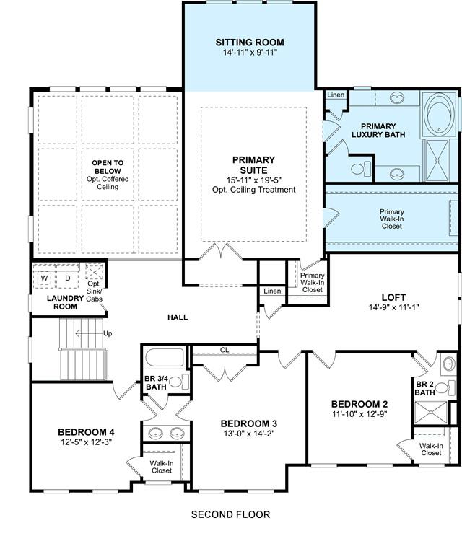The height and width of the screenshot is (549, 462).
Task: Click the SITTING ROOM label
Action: (x=250, y=43)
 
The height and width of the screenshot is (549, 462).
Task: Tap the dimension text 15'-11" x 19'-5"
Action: (x=254, y=180)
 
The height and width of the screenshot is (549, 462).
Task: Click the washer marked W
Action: (x=44, y=278)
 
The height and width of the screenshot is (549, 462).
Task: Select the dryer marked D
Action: (x=68, y=278)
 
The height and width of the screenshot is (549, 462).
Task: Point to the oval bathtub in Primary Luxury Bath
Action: (x=439, y=114)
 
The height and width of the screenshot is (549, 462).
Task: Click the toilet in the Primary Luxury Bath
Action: (x=361, y=169)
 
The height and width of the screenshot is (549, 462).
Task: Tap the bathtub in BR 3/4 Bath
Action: (x=165, y=358)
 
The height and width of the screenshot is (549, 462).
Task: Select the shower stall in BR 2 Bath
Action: (x=431, y=413)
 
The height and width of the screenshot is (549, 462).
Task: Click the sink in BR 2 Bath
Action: (x=449, y=364)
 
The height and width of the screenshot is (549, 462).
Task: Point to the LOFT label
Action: (x=393, y=298)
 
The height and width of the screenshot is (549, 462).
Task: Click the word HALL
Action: (x=178, y=317)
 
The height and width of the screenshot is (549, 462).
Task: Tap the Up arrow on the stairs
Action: (x=89, y=333)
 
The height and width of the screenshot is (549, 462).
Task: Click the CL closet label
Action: (x=225, y=350)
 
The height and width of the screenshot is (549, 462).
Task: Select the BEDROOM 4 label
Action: (x=86, y=432)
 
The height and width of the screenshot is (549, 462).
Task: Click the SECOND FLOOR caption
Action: (x=230, y=514)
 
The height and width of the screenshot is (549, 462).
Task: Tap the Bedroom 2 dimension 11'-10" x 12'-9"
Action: (x=359, y=414)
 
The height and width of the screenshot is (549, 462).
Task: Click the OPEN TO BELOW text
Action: (x=108, y=167)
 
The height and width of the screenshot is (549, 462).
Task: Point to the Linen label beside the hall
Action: (x=272, y=291)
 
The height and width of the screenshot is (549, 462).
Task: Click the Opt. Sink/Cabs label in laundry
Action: (x=95, y=291)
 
